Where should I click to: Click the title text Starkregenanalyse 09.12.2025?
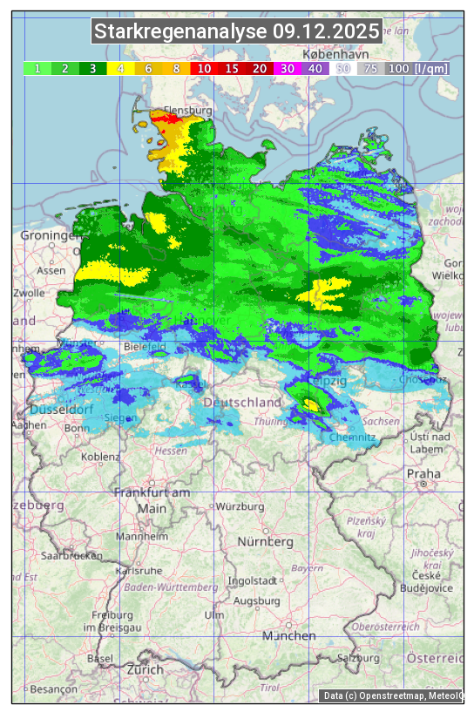click(237, 32)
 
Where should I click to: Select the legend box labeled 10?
click(203, 68)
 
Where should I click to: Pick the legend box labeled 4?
click(120, 68)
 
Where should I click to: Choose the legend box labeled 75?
click(370, 68)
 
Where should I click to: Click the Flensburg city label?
click(188, 112)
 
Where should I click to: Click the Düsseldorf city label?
click(61, 410)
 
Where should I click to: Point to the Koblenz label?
click(100, 457)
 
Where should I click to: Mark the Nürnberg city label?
click(266, 541)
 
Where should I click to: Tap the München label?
click(288, 636)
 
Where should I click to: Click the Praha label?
click(423, 473)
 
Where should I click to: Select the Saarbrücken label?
click(72, 555)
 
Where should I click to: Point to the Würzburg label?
click(240, 506)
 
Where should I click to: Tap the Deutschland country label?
click(242, 402)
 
